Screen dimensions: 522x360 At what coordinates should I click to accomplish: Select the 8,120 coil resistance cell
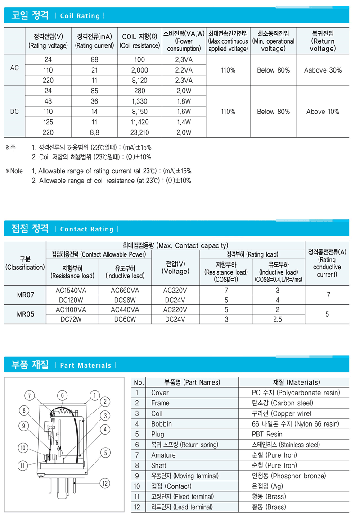point(139,80)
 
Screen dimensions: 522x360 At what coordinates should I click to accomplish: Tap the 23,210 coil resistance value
point(139,132)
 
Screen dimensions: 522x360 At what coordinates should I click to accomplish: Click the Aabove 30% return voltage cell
point(323,70)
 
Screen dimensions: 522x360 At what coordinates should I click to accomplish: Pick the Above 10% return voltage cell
point(323,112)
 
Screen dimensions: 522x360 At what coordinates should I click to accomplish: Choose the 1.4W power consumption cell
point(184,122)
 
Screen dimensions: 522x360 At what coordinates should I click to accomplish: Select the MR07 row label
point(25,295)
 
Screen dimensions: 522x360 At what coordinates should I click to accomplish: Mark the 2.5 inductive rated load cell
point(277,319)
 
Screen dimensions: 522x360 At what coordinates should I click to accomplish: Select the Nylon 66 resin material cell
point(295,424)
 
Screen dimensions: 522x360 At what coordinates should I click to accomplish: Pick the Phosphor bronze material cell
point(295,476)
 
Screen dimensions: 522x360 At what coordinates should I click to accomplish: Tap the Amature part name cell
point(164,455)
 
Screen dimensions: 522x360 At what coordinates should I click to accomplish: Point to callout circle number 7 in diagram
point(29,396)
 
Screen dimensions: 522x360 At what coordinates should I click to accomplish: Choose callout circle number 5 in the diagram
point(105,453)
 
